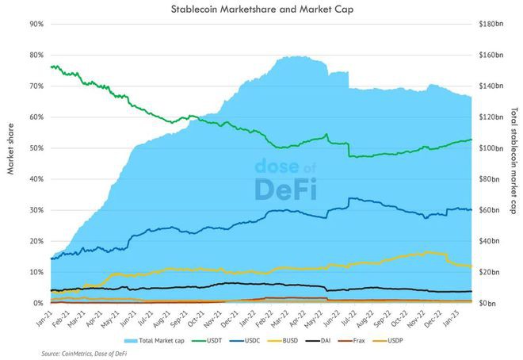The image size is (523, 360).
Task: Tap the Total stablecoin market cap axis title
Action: tap(513, 163)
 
